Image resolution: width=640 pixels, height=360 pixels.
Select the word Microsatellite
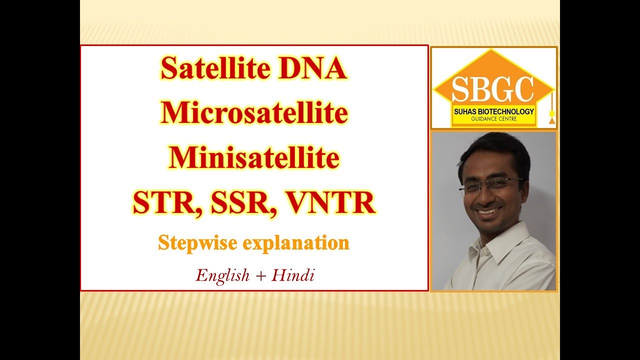pyautogui.click(x=254, y=113)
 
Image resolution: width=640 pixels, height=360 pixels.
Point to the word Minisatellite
pyautogui.click(x=254, y=158)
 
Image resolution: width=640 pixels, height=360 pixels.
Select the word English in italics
pyautogui.click(x=222, y=275)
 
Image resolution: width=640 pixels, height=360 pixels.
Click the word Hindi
pyautogui.click(x=292, y=275)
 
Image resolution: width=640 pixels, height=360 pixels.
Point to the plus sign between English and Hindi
pyautogui.click(x=260, y=275)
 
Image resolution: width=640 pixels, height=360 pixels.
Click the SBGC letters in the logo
pyautogui.click(x=492, y=89)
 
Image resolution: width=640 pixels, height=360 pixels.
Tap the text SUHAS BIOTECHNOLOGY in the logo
pyautogui.click(x=492, y=111)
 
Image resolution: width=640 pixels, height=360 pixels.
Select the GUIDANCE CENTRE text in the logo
pyautogui.click(x=492, y=119)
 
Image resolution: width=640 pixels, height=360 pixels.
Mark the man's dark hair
pyautogui.click(x=495, y=150)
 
